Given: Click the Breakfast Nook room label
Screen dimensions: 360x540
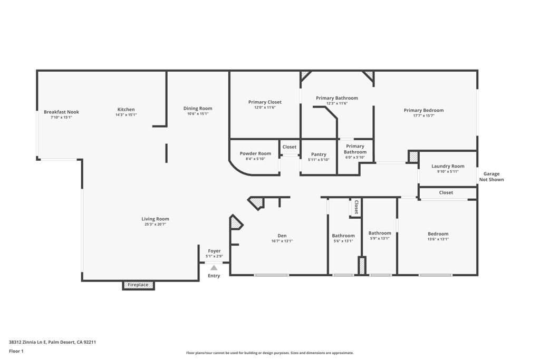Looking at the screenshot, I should click(61, 112).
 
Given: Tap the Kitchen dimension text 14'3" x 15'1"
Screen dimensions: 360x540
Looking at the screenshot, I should click(126, 115).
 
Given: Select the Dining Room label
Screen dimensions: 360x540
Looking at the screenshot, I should click(198, 109).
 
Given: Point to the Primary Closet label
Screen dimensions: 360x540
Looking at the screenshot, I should click(265, 102).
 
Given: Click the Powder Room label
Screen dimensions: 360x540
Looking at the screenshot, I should click(255, 154).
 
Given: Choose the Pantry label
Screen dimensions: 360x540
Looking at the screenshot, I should click(319, 154).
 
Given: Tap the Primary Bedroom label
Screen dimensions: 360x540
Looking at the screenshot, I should click(423, 111).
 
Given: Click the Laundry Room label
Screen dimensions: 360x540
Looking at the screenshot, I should click(448, 167).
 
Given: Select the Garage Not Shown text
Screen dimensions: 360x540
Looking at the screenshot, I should click(491, 177).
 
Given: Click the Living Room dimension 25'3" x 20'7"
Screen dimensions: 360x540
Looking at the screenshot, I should click(155, 225).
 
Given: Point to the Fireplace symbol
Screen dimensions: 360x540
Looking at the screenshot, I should click(138, 285).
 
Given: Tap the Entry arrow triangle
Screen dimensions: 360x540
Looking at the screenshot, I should click(214, 268).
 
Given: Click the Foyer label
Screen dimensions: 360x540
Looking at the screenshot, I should click(214, 251).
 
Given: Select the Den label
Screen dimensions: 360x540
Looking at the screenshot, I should click(282, 236).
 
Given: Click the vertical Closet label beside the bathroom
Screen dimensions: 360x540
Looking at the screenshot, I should click(356, 207).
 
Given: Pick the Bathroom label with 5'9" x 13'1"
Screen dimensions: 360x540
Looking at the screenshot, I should click(380, 233).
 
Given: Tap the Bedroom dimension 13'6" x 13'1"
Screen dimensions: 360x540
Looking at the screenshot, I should click(438, 239).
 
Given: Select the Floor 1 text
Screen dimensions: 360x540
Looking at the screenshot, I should click(16, 351).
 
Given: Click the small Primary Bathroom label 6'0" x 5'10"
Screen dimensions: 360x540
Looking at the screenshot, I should click(355, 152).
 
